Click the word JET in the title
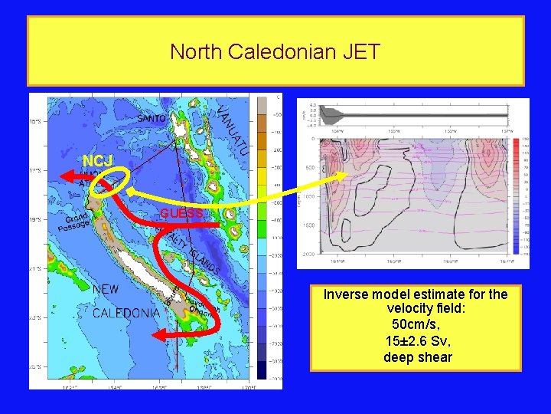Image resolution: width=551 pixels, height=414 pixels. (358, 52)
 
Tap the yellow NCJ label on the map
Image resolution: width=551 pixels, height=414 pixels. (97, 161)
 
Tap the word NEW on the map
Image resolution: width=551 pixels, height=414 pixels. (106, 290)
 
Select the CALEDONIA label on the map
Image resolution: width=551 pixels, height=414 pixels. (126, 313)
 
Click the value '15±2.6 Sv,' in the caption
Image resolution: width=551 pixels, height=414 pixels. (415, 340)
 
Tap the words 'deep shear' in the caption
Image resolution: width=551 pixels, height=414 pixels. (415, 356)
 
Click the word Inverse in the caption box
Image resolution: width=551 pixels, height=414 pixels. (346, 294)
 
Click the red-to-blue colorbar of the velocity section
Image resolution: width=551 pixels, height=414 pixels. (517, 195)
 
